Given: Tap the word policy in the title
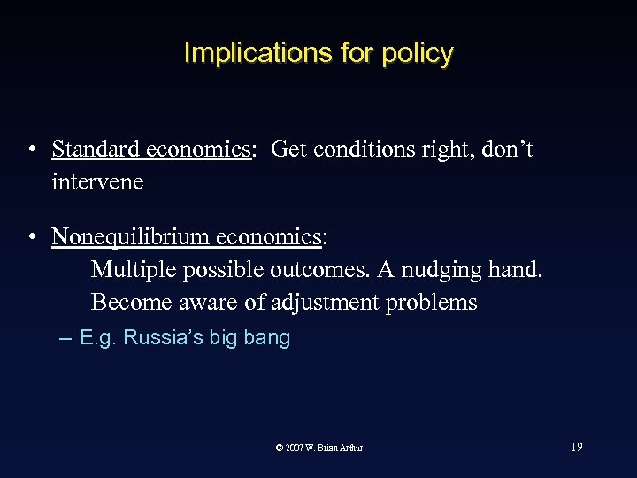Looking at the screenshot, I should click(418, 53).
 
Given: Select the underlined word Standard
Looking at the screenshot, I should click(88, 150).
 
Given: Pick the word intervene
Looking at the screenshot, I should click(97, 182).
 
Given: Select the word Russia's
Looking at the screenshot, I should click(164, 338).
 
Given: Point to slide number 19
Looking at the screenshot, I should click(577, 447).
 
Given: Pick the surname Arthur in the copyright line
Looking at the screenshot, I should click(349, 448).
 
